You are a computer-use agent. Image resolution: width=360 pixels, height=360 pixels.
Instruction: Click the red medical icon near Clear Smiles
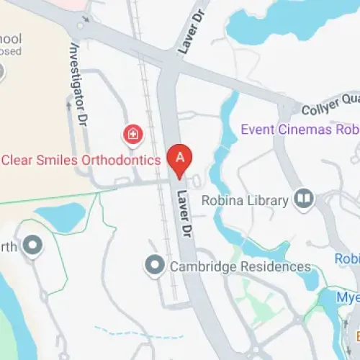(132, 133)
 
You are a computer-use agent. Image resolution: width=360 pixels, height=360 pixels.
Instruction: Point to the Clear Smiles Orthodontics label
(80, 160)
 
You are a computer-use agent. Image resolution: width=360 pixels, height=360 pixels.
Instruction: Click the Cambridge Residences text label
(240, 267)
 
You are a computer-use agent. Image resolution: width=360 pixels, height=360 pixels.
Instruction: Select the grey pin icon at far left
(32, 247)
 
